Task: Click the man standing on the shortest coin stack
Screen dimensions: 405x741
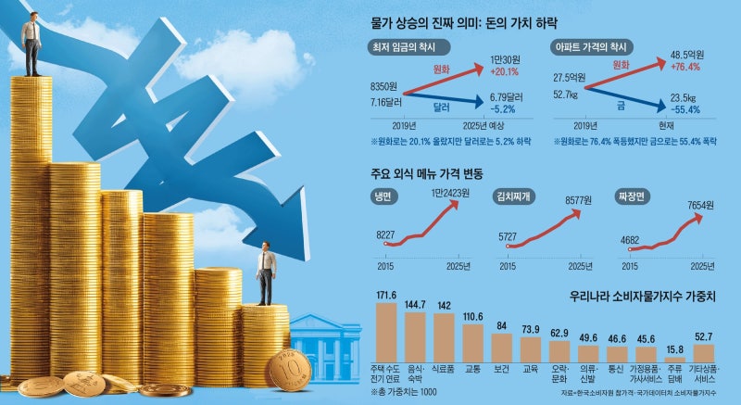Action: [x=267, y=273]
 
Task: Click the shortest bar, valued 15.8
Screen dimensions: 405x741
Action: [x=674, y=358]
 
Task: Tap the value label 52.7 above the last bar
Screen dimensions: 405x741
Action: [x=704, y=337]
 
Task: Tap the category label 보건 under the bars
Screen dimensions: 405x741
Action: [x=501, y=367]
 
